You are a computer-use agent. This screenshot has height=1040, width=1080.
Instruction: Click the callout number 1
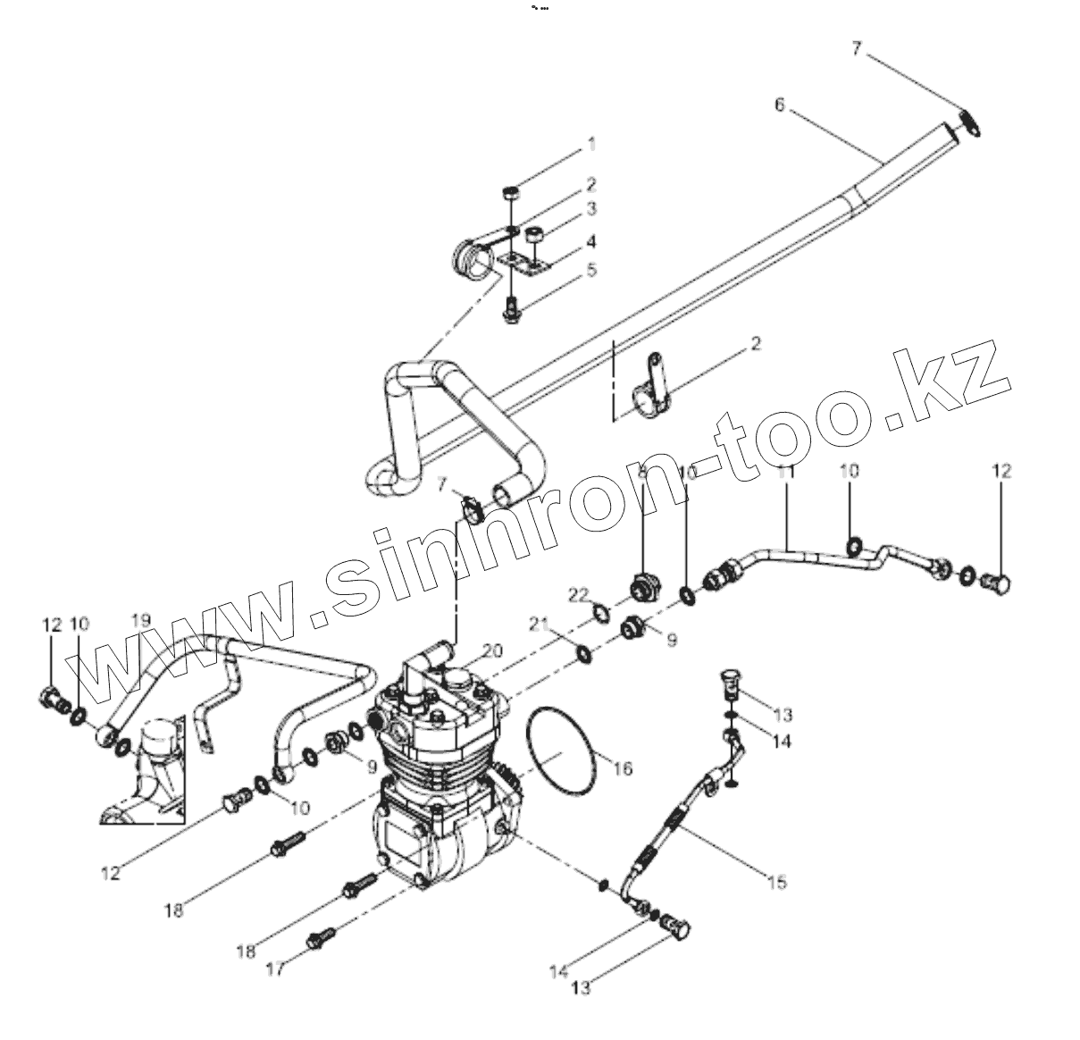[x=590, y=143]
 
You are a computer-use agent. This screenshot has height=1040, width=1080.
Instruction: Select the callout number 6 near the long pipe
[x=779, y=105]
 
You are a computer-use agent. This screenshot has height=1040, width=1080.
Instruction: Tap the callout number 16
[x=623, y=767]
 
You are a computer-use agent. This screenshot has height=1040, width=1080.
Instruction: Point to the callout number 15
[x=777, y=882]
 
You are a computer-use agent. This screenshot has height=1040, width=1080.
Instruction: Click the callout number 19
[x=141, y=619]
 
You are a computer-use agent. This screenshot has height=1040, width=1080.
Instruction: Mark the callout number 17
[x=278, y=968]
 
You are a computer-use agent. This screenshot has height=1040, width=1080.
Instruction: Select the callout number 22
[x=581, y=594]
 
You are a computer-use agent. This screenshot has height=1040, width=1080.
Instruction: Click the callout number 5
[x=590, y=269]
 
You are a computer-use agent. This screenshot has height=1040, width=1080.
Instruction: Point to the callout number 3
[x=590, y=209]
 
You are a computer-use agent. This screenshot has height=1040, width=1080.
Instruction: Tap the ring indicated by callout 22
[x=603, y=612]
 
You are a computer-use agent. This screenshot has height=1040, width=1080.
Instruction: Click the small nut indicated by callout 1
[x=511, y=191]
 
